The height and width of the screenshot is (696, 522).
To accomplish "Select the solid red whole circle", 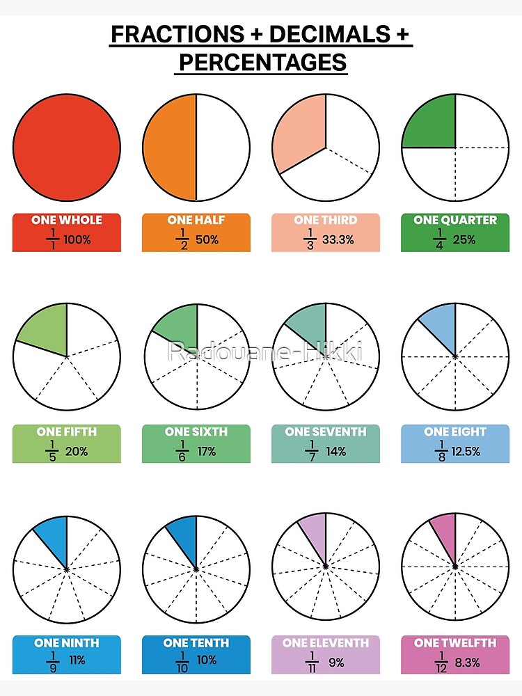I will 67,148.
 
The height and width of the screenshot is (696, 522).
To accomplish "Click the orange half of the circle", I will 171,148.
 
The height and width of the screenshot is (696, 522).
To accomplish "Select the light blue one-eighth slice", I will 441,327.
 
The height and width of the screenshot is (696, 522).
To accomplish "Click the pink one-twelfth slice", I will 445,535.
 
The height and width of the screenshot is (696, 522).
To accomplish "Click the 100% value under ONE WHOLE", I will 77,239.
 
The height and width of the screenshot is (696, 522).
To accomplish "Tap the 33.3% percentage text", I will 338,239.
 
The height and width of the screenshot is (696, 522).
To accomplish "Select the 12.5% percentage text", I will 465,452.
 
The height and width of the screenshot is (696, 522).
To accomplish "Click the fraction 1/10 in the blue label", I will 183,662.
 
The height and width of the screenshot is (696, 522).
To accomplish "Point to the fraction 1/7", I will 313,451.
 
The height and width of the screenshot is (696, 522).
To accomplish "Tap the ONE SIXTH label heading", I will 196,432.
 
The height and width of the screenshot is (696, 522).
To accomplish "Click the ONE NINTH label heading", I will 66,643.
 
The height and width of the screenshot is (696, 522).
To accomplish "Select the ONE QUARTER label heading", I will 455,220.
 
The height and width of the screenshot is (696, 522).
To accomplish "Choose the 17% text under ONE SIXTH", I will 207,452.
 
